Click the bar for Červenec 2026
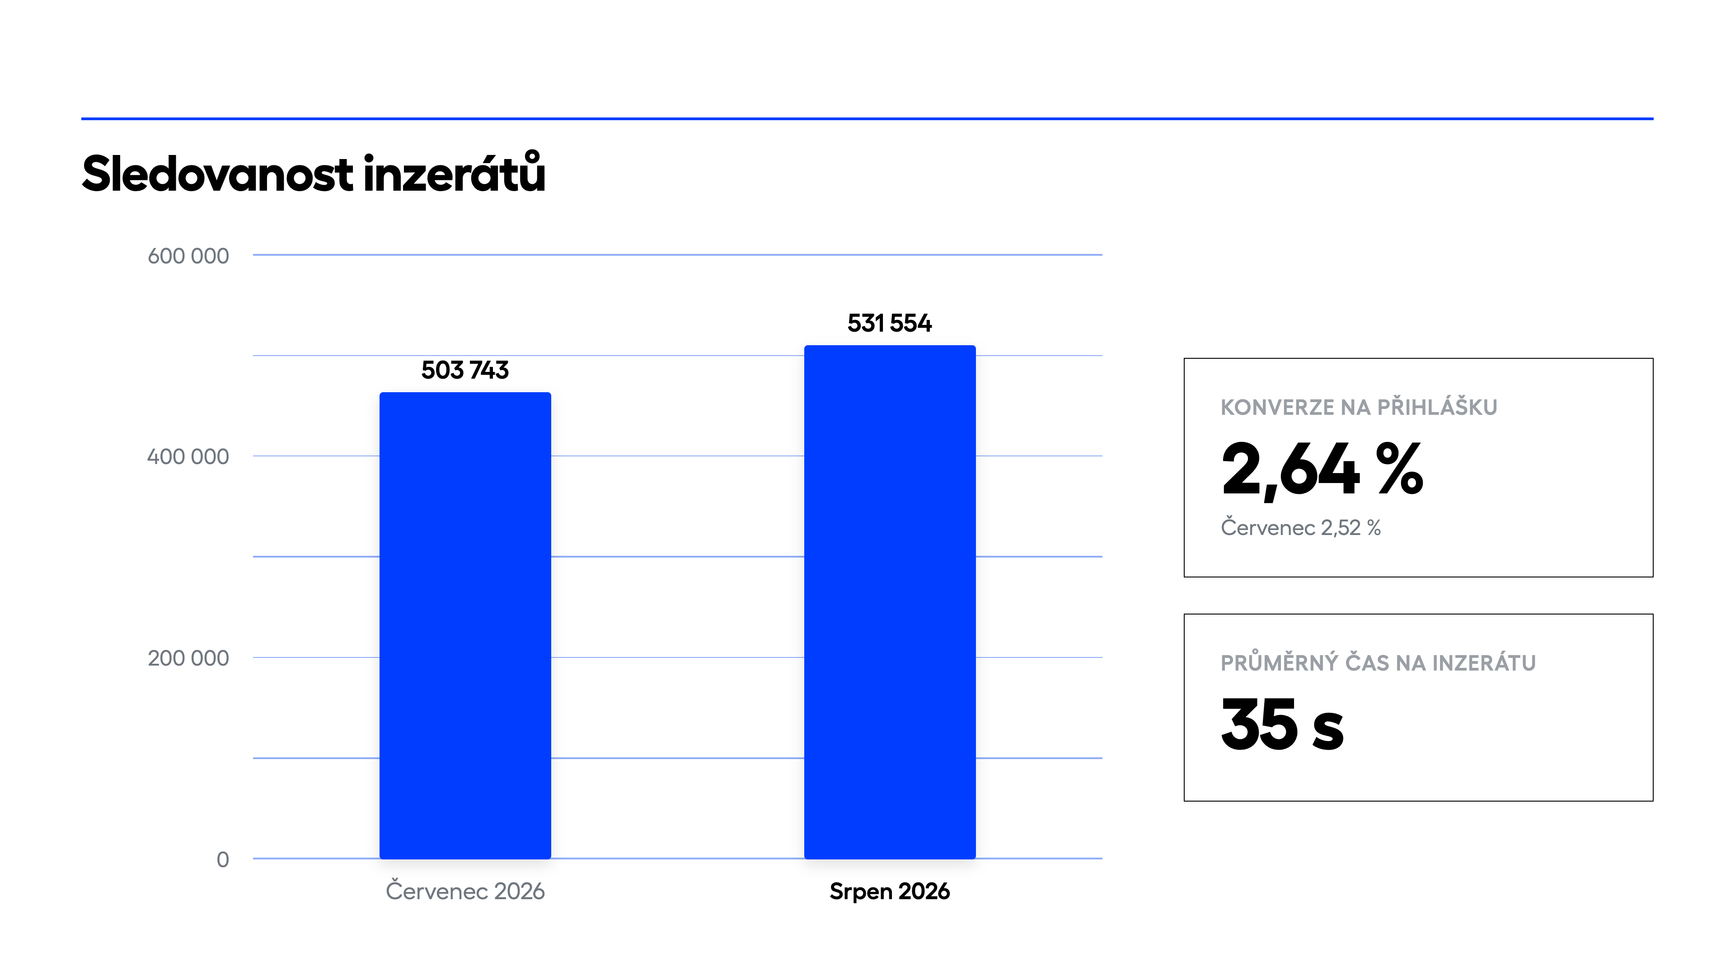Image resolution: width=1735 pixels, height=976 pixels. point(465,625)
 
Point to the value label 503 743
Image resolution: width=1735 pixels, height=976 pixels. point(465,370)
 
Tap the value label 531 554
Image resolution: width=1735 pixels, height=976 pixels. point(889,324)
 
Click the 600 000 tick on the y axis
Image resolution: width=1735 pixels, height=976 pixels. point(188,256)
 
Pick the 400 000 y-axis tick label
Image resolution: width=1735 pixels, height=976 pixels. point(188,457)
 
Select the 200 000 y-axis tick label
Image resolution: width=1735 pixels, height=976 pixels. point(188,658)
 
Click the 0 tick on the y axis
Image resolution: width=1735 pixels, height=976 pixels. point(223,859)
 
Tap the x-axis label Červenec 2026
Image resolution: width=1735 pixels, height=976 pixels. point(465,891)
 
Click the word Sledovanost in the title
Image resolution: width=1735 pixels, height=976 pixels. point(217,174)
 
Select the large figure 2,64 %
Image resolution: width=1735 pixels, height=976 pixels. point(1322,469)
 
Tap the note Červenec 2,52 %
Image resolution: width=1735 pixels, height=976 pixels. point(1301,527)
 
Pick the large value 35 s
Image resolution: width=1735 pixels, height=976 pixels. point(1282,725)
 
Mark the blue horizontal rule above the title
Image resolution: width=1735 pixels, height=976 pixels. point(867,118)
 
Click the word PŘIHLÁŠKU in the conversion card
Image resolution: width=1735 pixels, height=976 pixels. point(1437,406)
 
